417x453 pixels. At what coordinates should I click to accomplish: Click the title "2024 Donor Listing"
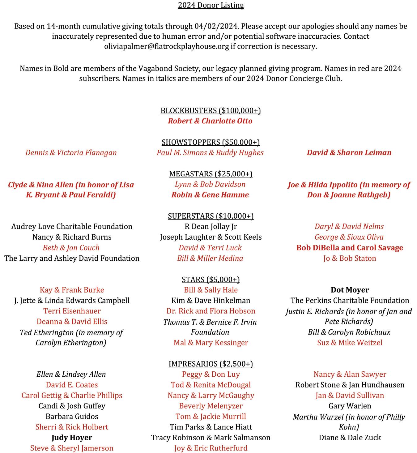click(x=211, y=5)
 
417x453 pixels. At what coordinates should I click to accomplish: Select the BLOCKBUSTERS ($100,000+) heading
click(x=211, y=110)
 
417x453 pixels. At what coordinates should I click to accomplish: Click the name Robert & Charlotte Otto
click(x=210, y=121)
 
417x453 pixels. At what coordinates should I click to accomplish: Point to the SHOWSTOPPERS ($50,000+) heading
click(x=211, y=142)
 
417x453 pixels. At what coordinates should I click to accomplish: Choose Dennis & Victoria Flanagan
click(x=71, y=152)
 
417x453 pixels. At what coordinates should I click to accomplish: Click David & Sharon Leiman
click(x=349, y=152)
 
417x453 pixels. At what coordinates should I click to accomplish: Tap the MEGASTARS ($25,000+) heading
click(x=211, y=174)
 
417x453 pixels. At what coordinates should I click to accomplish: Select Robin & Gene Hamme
click(x=210, y=195)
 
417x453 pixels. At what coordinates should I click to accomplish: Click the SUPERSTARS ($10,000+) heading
click(x=211, y=216)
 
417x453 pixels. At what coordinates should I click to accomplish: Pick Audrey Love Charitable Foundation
click(x=72, y=226)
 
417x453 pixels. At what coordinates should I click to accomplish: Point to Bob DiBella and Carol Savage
click(x=350, y=248)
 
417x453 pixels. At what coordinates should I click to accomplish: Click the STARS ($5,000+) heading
click(x=211, y=279)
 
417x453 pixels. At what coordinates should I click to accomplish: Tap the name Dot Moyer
click(x=350, y=290)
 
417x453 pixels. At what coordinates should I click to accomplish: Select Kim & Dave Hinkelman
click(x=211, y=300)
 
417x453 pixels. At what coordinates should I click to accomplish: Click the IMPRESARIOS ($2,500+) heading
click(x=211, y=364)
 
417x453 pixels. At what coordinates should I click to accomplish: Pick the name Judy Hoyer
click(x=72, y=438)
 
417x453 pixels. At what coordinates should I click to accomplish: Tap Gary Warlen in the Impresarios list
click(x=350, y=406)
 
